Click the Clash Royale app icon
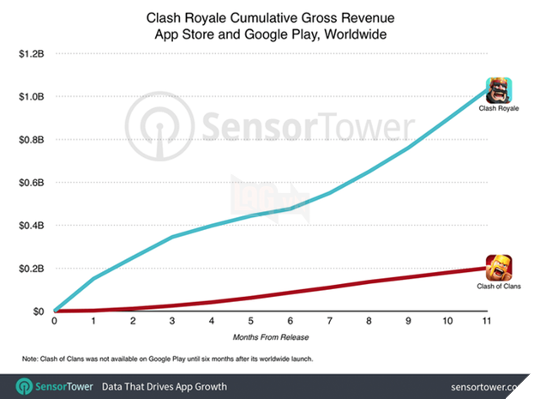[x=499, y=90]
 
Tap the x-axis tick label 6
[x=289, y=323]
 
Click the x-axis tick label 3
[x=171, y=323]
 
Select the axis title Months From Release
[x=269, y=338]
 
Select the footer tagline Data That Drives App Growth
[x=165, y=386]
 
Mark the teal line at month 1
[x=93, y=278]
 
